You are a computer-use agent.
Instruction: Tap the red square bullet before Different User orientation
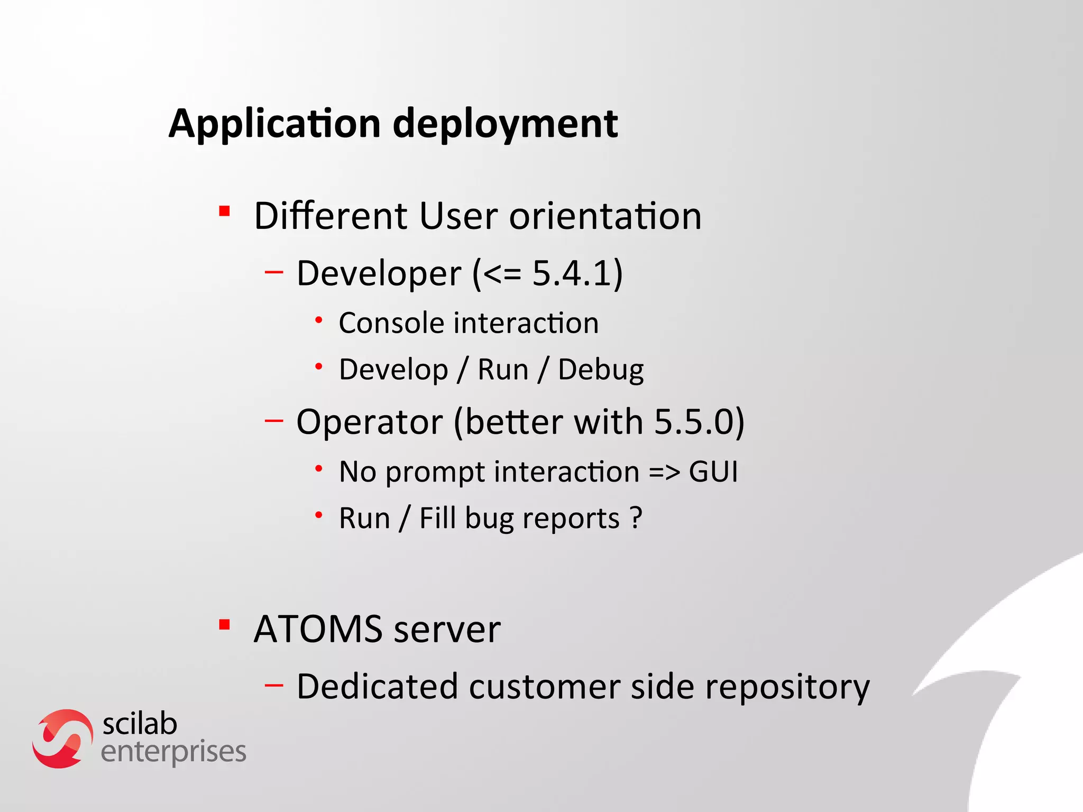click(x=224, y=211)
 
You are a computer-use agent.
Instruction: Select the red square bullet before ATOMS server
click(x=224, y=625)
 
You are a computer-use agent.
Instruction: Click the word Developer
click(x=379, y=274)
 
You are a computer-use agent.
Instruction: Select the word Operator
click(x=369, y=423)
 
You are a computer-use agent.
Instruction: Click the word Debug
click(x=601, y=370)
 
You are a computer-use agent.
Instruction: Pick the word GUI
click(x=713, y=472)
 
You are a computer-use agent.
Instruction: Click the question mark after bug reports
click(x=636, y=518)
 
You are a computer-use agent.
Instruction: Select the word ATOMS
click(x=318, y=629)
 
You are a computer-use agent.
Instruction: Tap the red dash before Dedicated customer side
click(x=274, y=685)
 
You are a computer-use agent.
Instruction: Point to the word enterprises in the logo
click(x=173, y=752)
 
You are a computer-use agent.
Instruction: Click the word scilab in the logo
click(x=140, y=724)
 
